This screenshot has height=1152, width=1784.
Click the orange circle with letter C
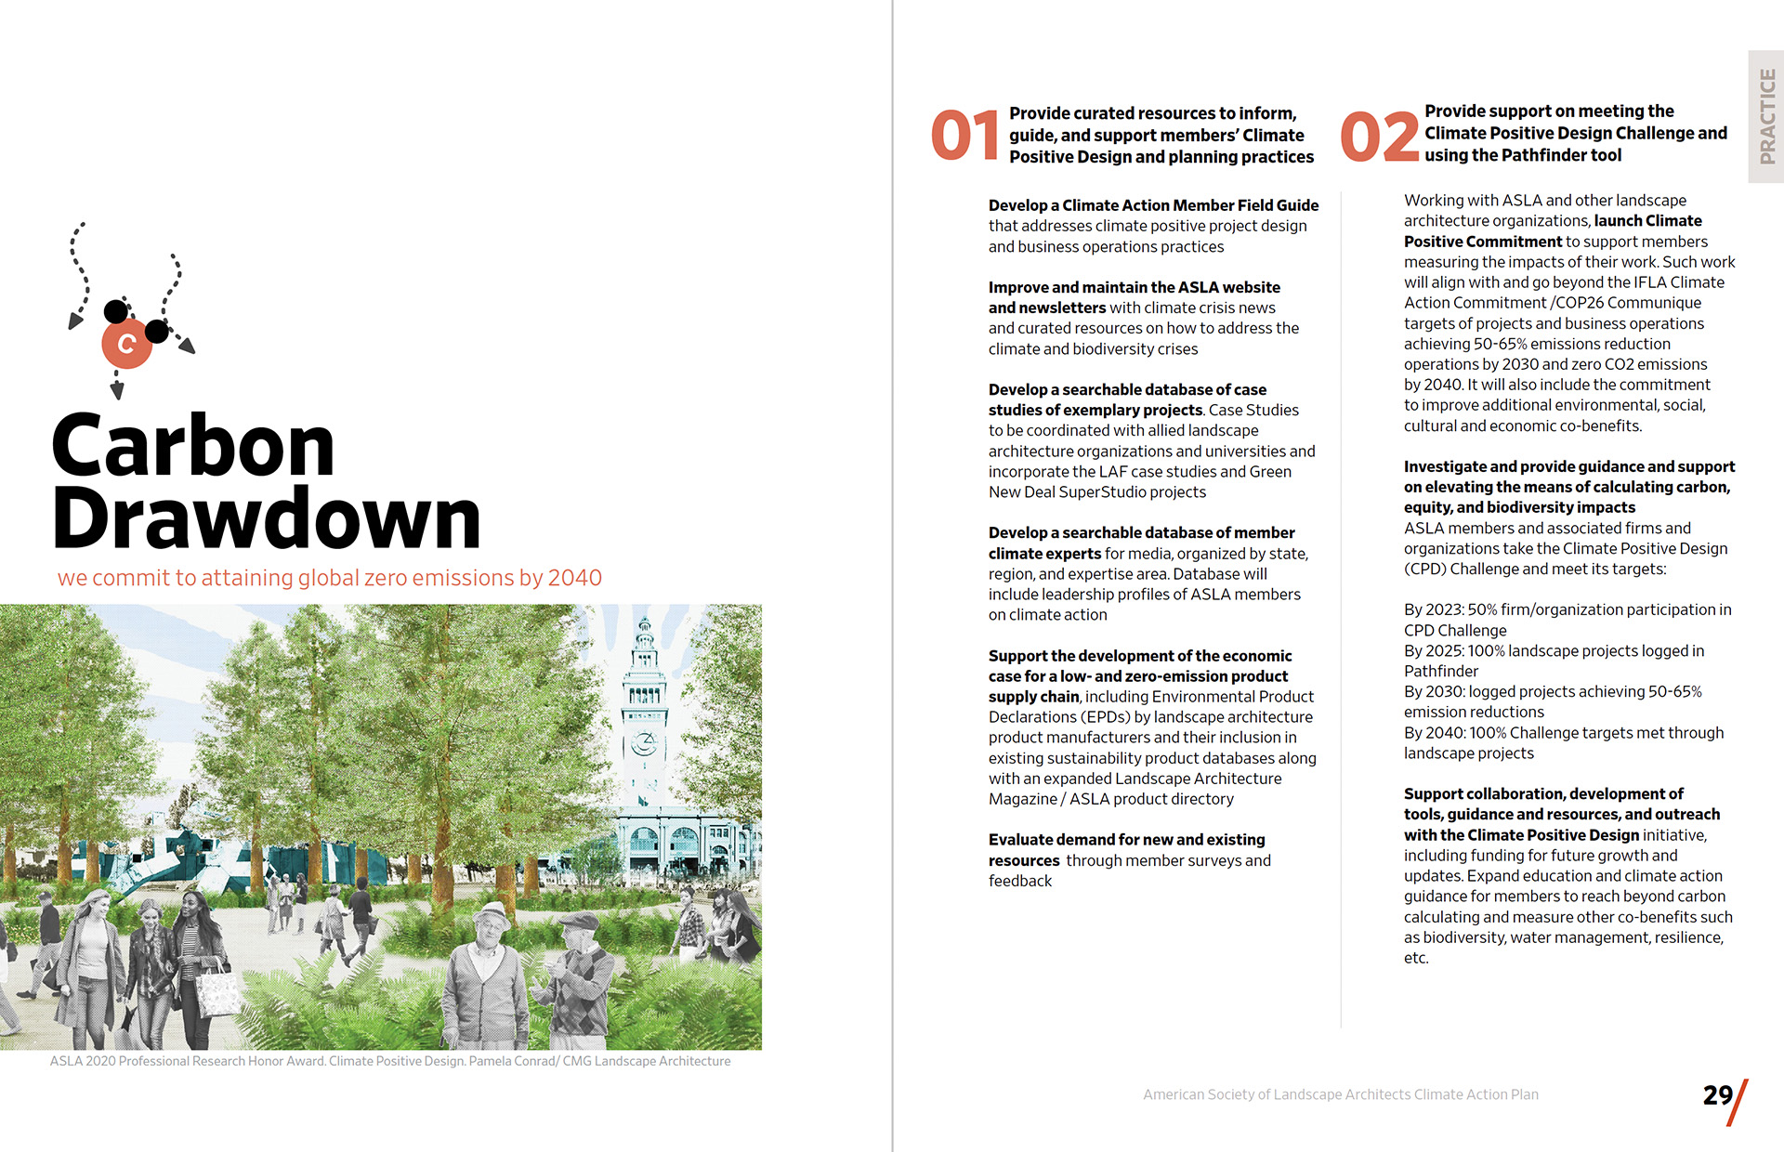coord(126,344)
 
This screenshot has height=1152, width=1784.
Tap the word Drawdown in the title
coord(267,518)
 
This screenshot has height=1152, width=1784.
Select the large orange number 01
coord(964,136)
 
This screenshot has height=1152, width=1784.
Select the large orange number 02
coord(1379,137)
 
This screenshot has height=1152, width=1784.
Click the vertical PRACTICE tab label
coord(1766,116)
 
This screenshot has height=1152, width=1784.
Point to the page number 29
coord(1718,1095)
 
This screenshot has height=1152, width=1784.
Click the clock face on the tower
coord(643,743)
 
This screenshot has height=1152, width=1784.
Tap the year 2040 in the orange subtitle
coord(574,578)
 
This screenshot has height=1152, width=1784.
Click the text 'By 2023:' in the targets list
coord(1434,609)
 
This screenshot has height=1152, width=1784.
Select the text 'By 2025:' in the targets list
coord(1434,650)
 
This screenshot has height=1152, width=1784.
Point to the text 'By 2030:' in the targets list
coord(1434,691)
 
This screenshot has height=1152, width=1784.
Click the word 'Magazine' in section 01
coord(1022,799)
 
